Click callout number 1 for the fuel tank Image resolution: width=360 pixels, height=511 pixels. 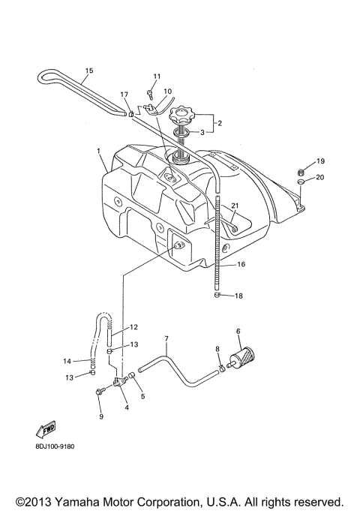pos(98,151)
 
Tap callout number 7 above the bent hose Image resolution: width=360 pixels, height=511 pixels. pos(166,339)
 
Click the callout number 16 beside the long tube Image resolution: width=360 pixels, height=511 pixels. pos(241,264)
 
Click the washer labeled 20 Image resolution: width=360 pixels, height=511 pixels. pos(300,180)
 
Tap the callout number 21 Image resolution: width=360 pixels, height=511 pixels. pos(234,206)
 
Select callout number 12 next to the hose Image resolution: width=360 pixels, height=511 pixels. pos(134,327)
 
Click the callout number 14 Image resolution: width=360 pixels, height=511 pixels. pos(67,361)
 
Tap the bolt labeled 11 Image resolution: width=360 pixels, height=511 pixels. pos(150,94)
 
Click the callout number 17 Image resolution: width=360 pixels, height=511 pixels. pos(124,94)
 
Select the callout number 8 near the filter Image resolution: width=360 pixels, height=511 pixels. pos(217,349)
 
